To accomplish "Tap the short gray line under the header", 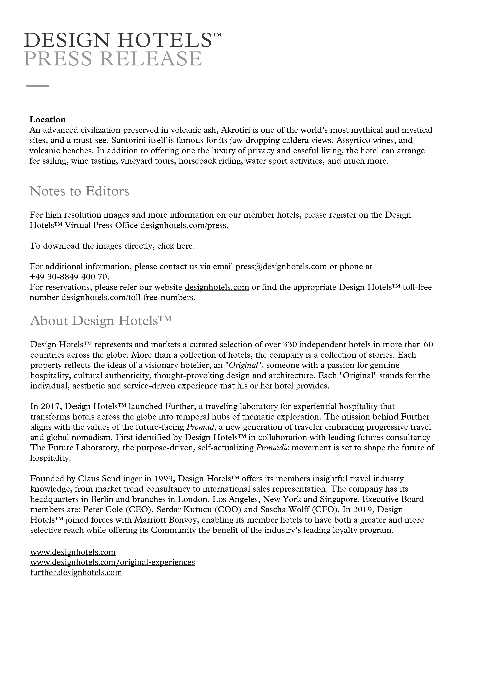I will coord(38,86).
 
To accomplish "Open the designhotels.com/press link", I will coord(184,225).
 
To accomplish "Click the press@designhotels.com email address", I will coord(281,267).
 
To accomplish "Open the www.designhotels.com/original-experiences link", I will coord(113,562).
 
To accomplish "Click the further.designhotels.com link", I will coord(76,572).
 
